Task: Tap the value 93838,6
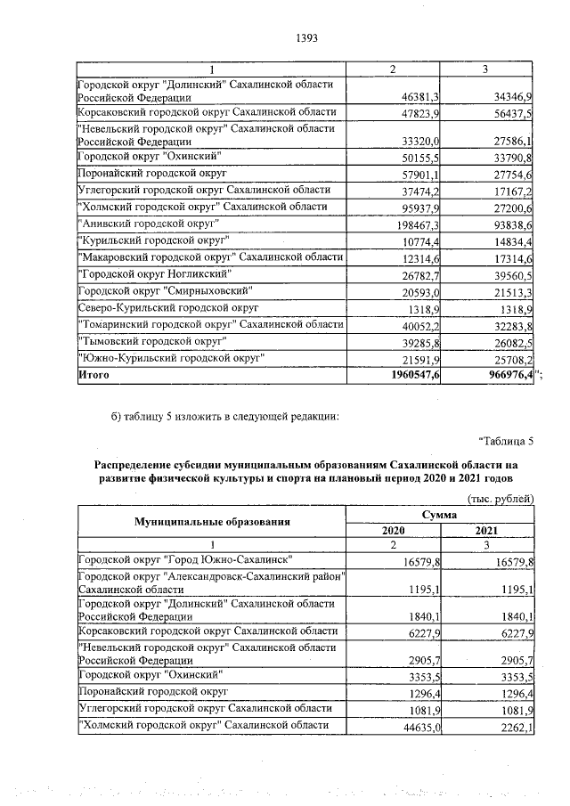tap(511, 224)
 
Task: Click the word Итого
tap(95, 377)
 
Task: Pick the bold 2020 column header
tap(393, 530)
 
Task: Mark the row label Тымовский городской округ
tap(157, 342)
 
